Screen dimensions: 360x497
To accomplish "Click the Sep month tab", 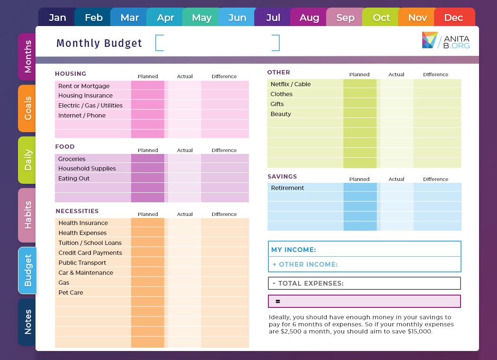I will click(x=345, y=18).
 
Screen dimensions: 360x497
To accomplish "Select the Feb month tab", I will click(x=93, y=18).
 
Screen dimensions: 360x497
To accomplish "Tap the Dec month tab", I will click(x=453, y=18).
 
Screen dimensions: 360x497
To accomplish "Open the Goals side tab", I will click(x=27, y=108).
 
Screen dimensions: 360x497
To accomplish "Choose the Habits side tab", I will click(x=27, y=215).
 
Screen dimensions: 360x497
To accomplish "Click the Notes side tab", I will click(x=27, y=322).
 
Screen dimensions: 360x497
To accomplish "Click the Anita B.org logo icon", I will click(x=430, y=40).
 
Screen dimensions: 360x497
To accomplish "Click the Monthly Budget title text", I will click(x=99, y=43).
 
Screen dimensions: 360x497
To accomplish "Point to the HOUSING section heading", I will click(x=71, y=74).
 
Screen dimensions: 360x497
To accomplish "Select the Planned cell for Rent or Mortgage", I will click(x=148, y=86).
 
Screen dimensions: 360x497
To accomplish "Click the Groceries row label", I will click(x=72, y=159).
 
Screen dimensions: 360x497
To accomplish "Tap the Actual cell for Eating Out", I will click(x=185, y=179).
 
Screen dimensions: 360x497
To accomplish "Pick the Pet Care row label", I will click(x=71, y=293).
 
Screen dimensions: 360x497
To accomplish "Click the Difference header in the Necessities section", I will click(x=224, y=214).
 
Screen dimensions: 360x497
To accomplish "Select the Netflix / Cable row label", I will click(x=291, y=84).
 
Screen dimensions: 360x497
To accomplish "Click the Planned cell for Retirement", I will click(x=360, y=188).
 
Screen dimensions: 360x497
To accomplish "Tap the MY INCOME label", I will click(x=293, y=250).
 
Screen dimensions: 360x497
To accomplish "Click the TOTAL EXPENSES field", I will click(x=364, y=283).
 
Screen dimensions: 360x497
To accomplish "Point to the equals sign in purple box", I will click(x=278, y=301).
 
